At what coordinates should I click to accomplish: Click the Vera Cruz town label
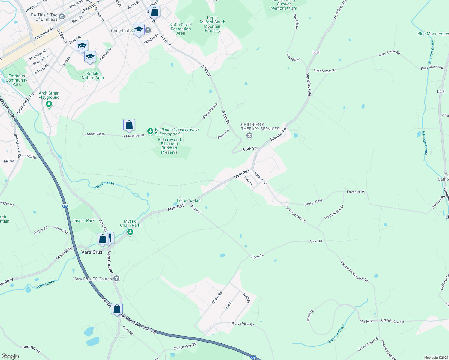pos(92,252)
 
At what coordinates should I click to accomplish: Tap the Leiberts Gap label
pos(188,200)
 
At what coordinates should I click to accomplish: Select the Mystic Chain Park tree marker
pos(130,232)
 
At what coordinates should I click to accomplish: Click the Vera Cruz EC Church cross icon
pos(116,279)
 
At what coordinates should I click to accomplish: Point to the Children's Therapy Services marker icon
pos(249,136)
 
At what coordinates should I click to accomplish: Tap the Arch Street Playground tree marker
pos(49,104)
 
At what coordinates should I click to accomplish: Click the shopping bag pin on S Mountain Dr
pos(129,125)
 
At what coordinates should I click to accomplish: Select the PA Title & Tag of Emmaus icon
pos(62,16)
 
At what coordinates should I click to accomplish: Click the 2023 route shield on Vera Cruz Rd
pos(316,52)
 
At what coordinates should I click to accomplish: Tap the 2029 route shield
pos(441,91)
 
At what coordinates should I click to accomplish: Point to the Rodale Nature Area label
pos(93,76)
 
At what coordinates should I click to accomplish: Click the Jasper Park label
pos(83,220)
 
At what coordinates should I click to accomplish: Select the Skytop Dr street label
pos(223,133)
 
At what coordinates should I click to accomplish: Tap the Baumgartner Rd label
pos(296,214)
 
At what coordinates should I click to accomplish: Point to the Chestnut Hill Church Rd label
pos(354,271)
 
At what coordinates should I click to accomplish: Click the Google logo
pos(10,356)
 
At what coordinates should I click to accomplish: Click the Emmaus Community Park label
pos(17,80)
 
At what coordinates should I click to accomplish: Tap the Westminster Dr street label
pos(334,212)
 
